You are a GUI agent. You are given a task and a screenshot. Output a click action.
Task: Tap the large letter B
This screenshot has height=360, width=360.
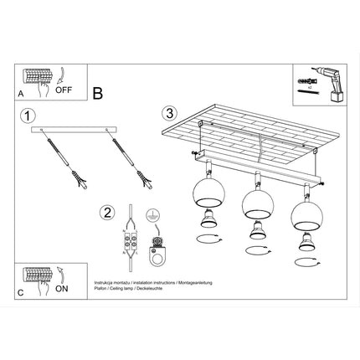[97, 95]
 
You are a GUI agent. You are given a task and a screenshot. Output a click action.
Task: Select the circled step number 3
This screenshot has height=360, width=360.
[170, 113]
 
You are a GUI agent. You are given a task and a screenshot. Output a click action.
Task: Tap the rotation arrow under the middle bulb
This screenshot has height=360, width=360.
[255, 249]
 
